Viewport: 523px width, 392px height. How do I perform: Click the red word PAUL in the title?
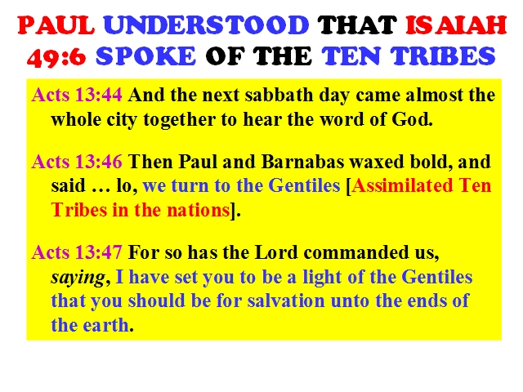pyautogui.click(x=56, y=25)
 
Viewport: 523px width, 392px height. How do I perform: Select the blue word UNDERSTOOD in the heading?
pyautogui.click(x=206, y=25)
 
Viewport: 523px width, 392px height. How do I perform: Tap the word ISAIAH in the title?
pyautogui.click(x=456, y=25)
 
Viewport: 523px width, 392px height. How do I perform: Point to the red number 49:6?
pyautogui.click(x=56, y=56)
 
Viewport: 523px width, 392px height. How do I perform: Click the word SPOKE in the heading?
pyautogui.click(x=145, y=56)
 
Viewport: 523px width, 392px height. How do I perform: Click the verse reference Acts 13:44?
pyautogui.click(x=77, y=95)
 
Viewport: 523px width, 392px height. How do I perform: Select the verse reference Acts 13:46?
pyautogui.click(x=77, y=162)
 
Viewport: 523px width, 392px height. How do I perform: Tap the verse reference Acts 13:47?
pyautogui.click(x=77, y=252)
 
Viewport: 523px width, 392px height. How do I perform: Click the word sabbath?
pyautogui.click(x=279, y=95)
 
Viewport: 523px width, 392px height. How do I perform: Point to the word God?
pyautogui.click(x=412, y=119)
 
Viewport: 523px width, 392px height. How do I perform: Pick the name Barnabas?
pyautogui.click(x=302, y=162)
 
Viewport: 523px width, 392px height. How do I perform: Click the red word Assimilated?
pyautogui.click(x=402, y=185)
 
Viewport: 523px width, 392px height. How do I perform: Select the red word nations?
pyautogui.click(x=198, y=210)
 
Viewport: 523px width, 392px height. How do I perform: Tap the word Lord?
pyautogui.click(x=276, y=252)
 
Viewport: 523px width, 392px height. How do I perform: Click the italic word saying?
pyautogui.click(x=78, y=278)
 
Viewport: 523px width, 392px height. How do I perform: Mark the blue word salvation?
pyautogui.click(x=286, y=301)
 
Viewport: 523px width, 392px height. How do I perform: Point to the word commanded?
pyautogui.click(x=356, y=252)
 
